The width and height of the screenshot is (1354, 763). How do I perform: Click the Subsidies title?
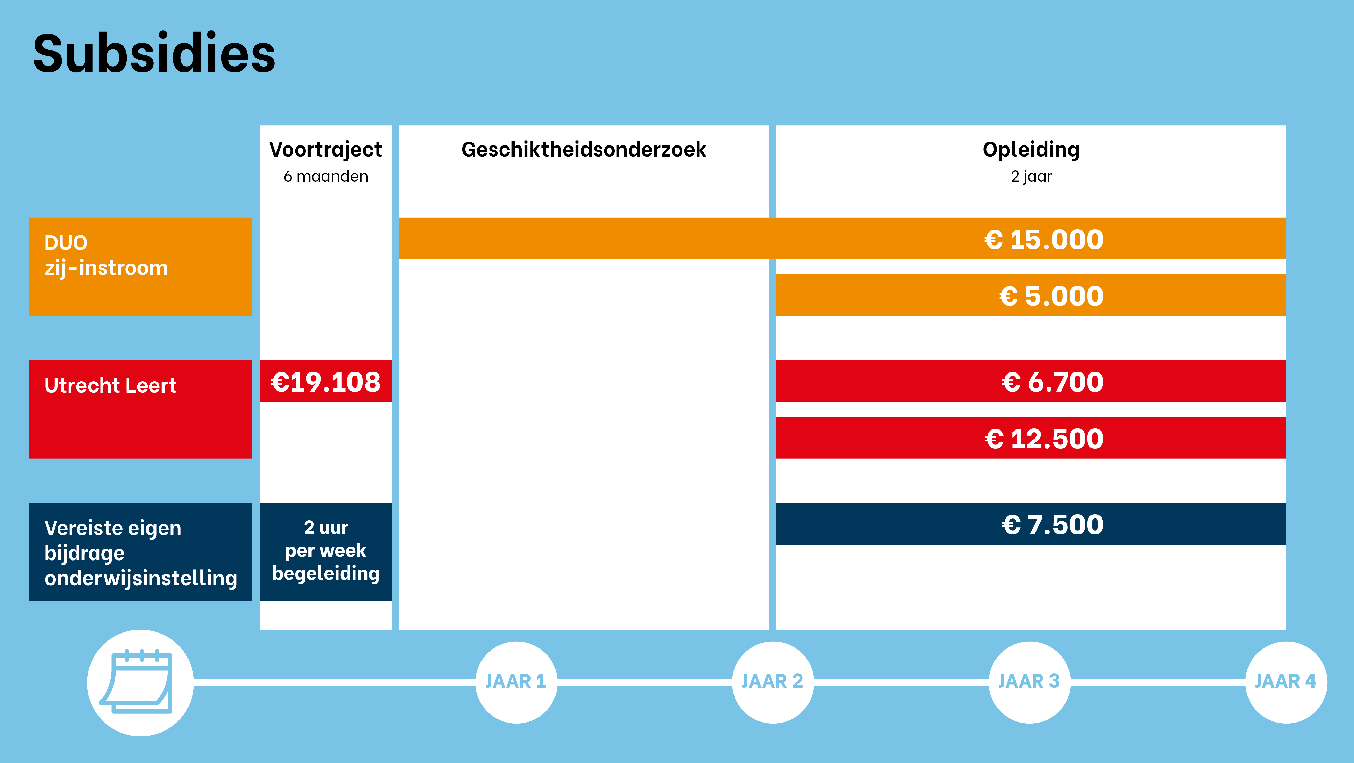click(x=154, y=54)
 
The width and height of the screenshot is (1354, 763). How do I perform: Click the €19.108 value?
click(x=325, y=382)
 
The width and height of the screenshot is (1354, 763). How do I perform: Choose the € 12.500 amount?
click(x=1044, y=439)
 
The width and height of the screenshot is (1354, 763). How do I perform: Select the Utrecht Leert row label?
click(x=110, y=385)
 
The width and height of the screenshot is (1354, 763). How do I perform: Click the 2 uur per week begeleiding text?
click(x=325, y=550)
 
